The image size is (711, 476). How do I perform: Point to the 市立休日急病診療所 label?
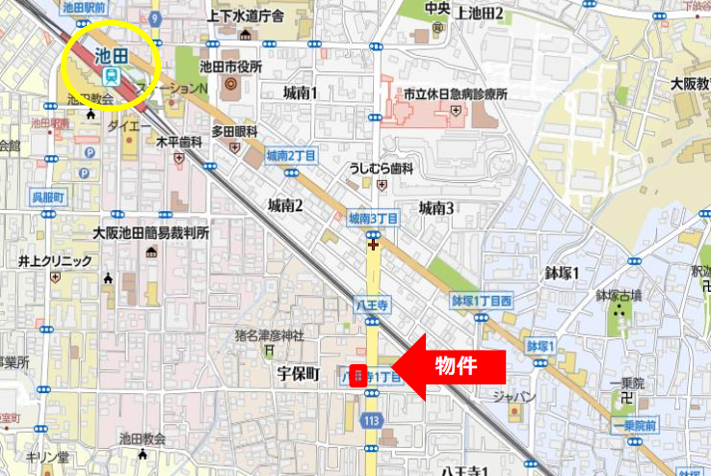pos(454,96)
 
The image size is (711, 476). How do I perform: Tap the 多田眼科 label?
pos(235,130)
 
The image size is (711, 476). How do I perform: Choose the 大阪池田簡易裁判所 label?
pos(151,233)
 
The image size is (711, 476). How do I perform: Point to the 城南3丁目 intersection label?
pos(374,219)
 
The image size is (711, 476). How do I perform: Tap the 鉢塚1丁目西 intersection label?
pos(482,300)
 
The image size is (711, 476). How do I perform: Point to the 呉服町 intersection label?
pos(46,196)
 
